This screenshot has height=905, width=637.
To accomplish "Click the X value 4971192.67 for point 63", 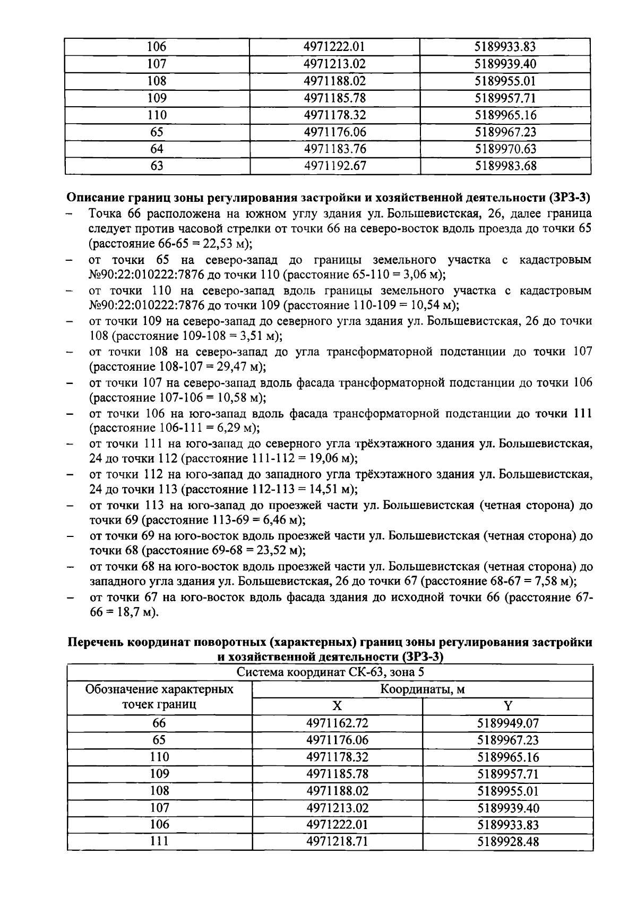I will [335, 166].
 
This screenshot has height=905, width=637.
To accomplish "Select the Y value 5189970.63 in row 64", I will [505, 149].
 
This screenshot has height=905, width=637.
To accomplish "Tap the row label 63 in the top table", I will [157, 166].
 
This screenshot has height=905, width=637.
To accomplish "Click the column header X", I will [337, 706].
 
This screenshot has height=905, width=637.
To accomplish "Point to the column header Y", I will [507, 706].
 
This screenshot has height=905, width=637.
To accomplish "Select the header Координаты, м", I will [422, 689].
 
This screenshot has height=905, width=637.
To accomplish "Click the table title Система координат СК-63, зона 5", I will [330, 672].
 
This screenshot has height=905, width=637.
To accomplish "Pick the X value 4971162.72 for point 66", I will [337, 723].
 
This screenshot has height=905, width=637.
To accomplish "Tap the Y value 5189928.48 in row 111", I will [508, 841].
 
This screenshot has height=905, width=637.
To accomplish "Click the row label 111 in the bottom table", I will [159, 841].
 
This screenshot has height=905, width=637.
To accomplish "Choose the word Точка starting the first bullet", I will [106, 214].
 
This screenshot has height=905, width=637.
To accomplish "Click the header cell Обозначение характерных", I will [159, 689].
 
